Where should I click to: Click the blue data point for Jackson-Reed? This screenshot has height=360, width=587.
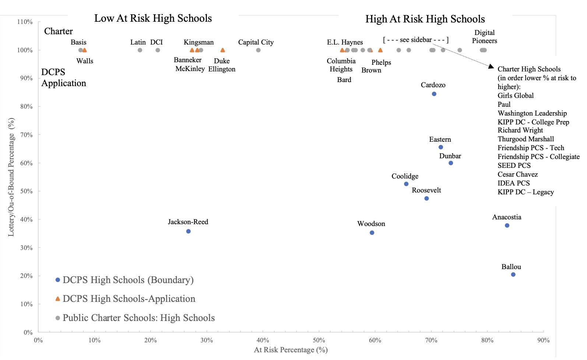[188, 231]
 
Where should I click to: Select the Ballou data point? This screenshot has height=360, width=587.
[513, 275]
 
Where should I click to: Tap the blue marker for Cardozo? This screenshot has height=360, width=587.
[434, 94]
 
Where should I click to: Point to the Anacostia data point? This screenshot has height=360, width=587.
[507, 225]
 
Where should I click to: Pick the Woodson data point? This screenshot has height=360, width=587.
[372, 233]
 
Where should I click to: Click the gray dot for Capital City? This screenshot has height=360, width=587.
[258, 50]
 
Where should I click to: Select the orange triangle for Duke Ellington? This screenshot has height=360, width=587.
[222, 50]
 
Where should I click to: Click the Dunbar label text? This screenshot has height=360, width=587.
[450, 156]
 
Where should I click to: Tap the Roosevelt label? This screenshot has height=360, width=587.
[426, 190]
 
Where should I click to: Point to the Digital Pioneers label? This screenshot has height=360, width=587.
[484, 36]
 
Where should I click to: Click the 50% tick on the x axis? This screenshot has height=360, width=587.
[319, 340]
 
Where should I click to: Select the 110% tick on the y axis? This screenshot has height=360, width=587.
[25, 22]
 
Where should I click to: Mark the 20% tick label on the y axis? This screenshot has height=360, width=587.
[26, 276]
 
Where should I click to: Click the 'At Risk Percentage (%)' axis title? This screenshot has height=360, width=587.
[291, 350]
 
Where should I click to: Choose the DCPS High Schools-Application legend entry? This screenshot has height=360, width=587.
[129, 299]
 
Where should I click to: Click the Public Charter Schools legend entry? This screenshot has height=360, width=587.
[138, 318]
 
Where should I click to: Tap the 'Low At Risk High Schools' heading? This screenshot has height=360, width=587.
[153, 18]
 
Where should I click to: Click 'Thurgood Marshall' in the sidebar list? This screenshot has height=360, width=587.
[526, 139]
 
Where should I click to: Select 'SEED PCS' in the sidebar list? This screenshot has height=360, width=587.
[514, 165]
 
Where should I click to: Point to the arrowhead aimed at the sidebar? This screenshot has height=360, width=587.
[491, 67]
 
